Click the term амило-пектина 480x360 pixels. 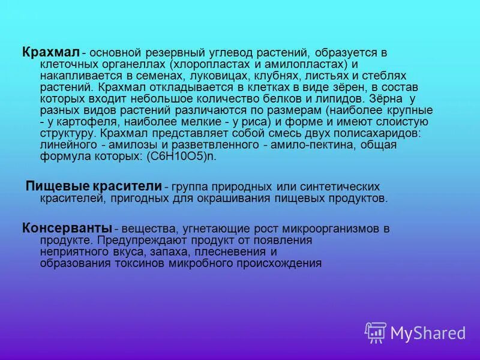(303, 145)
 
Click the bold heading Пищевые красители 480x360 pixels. (94, 186)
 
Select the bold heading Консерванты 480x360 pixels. (67, 228)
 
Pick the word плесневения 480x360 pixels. (241, 251)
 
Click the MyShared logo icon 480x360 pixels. (376, 332)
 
